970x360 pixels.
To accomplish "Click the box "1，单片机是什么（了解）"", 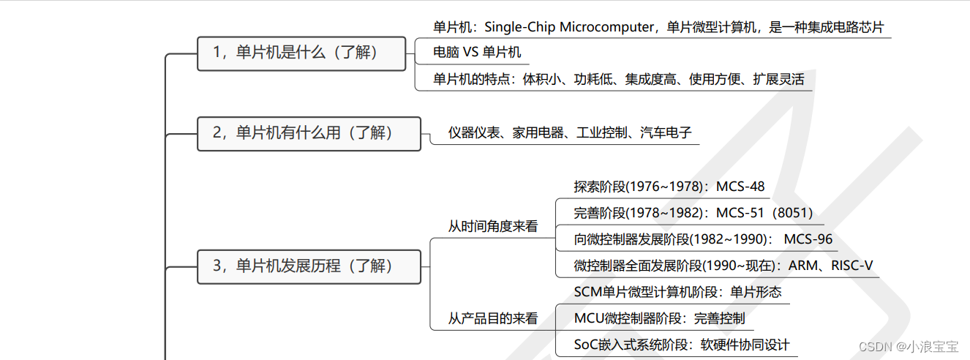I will tap(301, 53).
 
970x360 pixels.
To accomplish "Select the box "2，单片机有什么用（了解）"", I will tap(309, 133).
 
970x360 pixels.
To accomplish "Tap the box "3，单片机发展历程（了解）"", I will tap(309, 266).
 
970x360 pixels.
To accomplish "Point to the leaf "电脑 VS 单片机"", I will tap(477, 53).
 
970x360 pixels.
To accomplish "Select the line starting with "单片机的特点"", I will tap(618, 80).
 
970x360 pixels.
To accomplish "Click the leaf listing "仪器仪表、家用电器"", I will tap(570, 133).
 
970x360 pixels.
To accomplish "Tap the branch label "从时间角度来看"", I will tap(492, 227).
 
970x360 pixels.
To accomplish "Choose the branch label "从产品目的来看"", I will tap(492, 319).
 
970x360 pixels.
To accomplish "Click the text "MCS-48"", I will tap(740, 187).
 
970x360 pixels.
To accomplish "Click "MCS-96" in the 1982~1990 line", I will tap(808, 240).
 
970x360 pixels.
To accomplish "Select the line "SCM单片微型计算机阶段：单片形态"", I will tap(677, 293).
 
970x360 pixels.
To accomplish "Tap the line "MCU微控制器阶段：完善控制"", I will tap(659, 318).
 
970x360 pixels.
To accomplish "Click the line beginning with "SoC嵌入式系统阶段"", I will tap(682, 345).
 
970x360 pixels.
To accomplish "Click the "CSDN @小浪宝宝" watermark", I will tap(908, 346).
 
